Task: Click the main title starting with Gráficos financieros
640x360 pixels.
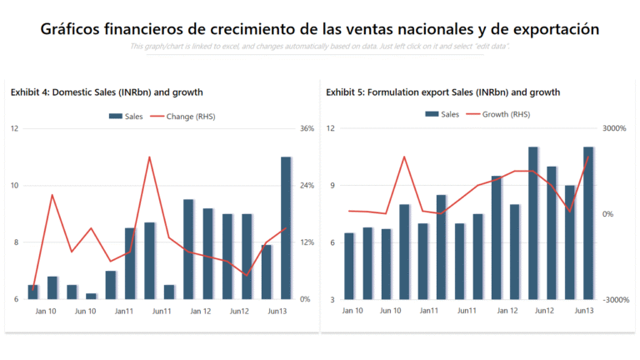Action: pos(320,29)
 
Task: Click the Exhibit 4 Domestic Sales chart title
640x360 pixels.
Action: pos(107,92)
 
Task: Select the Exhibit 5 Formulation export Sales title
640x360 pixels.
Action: pos(442,92)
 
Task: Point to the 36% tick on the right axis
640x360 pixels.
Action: pos(306,128)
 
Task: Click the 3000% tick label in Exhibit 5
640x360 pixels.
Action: pos(613,128)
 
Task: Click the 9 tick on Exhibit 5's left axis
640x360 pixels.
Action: pos(331,185)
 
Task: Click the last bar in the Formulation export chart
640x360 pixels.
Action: pos(587,222)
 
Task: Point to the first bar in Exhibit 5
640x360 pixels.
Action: pos(349,266)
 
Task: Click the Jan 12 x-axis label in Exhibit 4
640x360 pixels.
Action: pos(201,311)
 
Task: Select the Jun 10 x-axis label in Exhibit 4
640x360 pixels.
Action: pos(85,311)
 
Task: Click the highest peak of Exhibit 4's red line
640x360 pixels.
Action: pos(149,157)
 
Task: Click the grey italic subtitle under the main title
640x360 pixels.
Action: pos(320,46)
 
